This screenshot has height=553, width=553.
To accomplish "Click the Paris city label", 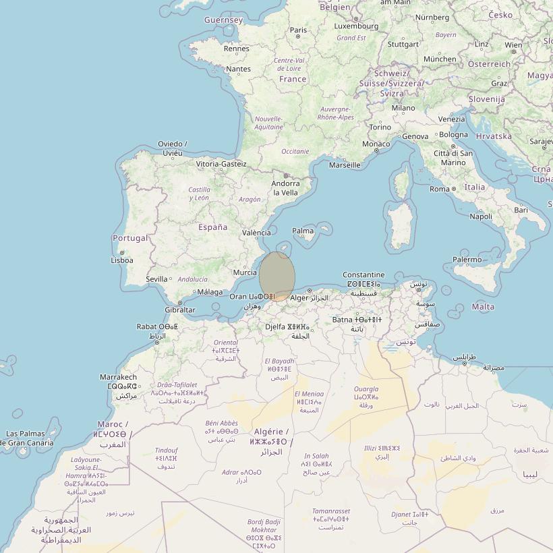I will [298, 30].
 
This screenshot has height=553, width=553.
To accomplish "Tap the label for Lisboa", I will [122, 260].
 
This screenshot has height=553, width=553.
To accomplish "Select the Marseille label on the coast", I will [345, 165].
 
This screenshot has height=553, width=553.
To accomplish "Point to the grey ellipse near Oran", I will [277, 275].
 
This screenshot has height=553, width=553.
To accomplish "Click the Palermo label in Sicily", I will [467, 259].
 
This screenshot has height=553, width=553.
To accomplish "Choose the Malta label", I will [483, 306].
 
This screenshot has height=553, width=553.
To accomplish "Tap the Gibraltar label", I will [180, 310].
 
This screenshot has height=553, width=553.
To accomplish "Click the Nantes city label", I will [239, 69].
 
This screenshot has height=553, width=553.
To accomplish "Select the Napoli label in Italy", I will [481, 216].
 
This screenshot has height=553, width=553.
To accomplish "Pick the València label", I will [256, 233].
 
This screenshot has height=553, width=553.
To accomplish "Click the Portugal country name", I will [130, 238].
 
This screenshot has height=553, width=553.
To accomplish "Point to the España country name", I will [212, 227].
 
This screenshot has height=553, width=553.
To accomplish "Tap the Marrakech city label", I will [118, 377].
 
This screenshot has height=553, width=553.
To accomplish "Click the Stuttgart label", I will [403, 44].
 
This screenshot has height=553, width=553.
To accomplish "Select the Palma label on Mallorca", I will [303, 231].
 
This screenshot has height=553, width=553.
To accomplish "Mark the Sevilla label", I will [156, 279].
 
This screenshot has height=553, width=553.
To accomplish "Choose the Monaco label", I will [376, 144].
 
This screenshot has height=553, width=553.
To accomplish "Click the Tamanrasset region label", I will [331, 512].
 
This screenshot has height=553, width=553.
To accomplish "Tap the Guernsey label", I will [223, 20].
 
